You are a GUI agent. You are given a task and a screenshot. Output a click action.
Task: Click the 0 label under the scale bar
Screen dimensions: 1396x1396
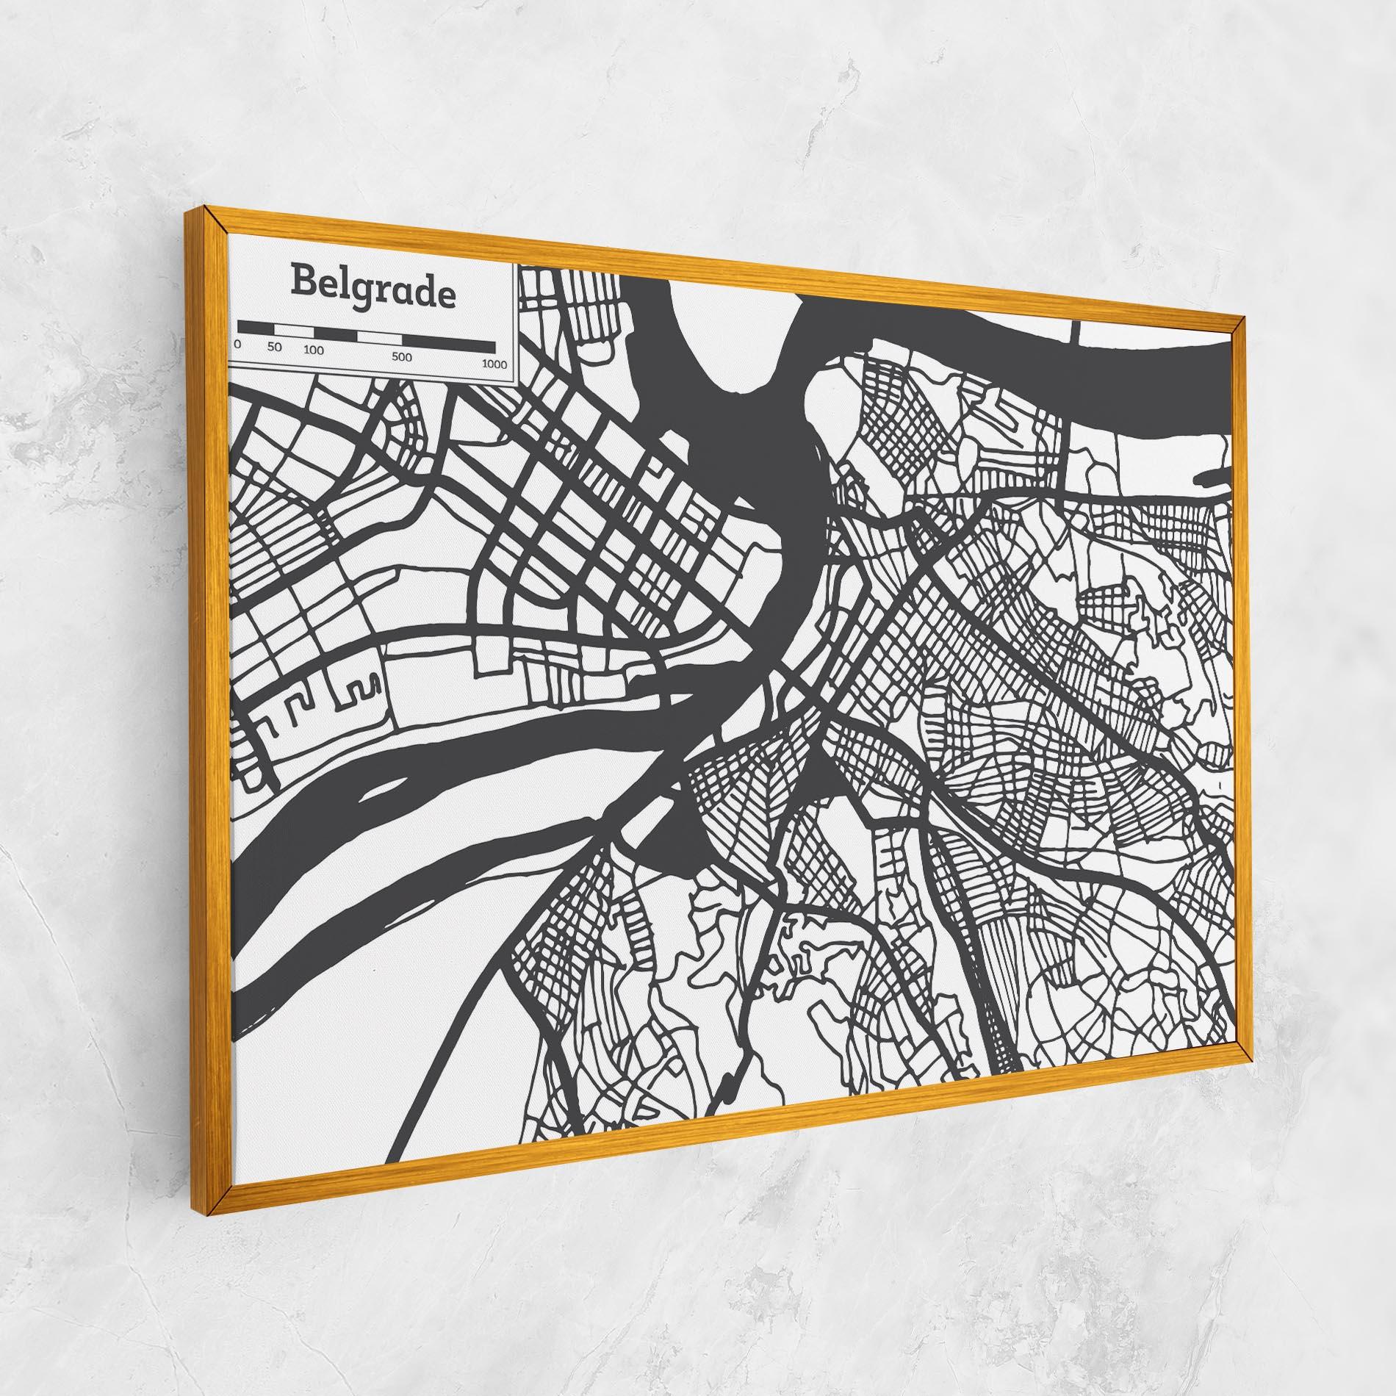click(x=237, y=343)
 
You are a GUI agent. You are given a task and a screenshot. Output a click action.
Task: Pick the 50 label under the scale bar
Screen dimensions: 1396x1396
click(x=275, y=347)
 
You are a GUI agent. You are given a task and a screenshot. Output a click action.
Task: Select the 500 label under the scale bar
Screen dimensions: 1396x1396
click(x=401, y=357)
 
